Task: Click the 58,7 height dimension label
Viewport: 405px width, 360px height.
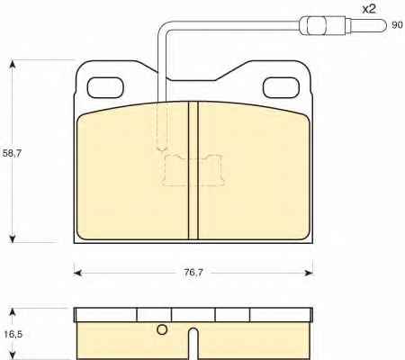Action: [x=12, y=153]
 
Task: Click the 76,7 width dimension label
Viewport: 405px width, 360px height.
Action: [x=193, y=273]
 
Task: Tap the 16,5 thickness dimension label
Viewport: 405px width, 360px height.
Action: [x=13, y=334]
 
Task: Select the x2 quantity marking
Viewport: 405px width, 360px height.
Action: [x=369, y=9]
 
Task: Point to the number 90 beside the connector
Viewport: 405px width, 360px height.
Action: [x=397, y=25]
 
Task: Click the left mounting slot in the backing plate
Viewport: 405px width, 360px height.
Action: [x=105, y=87]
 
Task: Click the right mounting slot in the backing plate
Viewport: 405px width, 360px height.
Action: [x=281, y=87]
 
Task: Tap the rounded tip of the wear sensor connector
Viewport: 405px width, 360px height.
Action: [x=382, y=25]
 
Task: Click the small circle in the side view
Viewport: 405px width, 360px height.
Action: [x=162, y=329]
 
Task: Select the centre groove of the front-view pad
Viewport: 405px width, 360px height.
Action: [x=193, y=170]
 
